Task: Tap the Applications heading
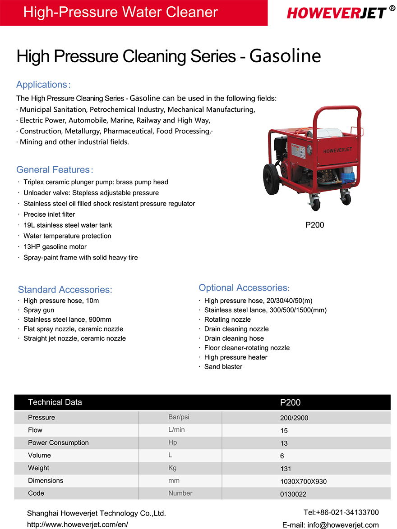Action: pos(42,85)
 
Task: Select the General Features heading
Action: pos(53,170)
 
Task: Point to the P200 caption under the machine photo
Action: pos(314,225)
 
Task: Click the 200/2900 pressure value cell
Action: pos(294,418)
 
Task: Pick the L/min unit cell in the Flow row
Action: pos(176,430)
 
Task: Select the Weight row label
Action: pos(39,468)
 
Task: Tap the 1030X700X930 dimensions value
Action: pos(303,481)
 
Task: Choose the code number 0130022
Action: pos(293,494)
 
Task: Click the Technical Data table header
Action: pos(55,402)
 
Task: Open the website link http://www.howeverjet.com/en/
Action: pos(78,524)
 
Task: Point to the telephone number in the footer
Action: pos(341,512)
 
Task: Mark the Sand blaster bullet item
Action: pos(223,367)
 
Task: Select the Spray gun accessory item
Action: pos(39,310)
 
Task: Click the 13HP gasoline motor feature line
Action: pos(55,247)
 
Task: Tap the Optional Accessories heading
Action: pos(243,288)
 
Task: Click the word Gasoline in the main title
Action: pos(285,56)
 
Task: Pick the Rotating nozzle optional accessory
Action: pos(227,319)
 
